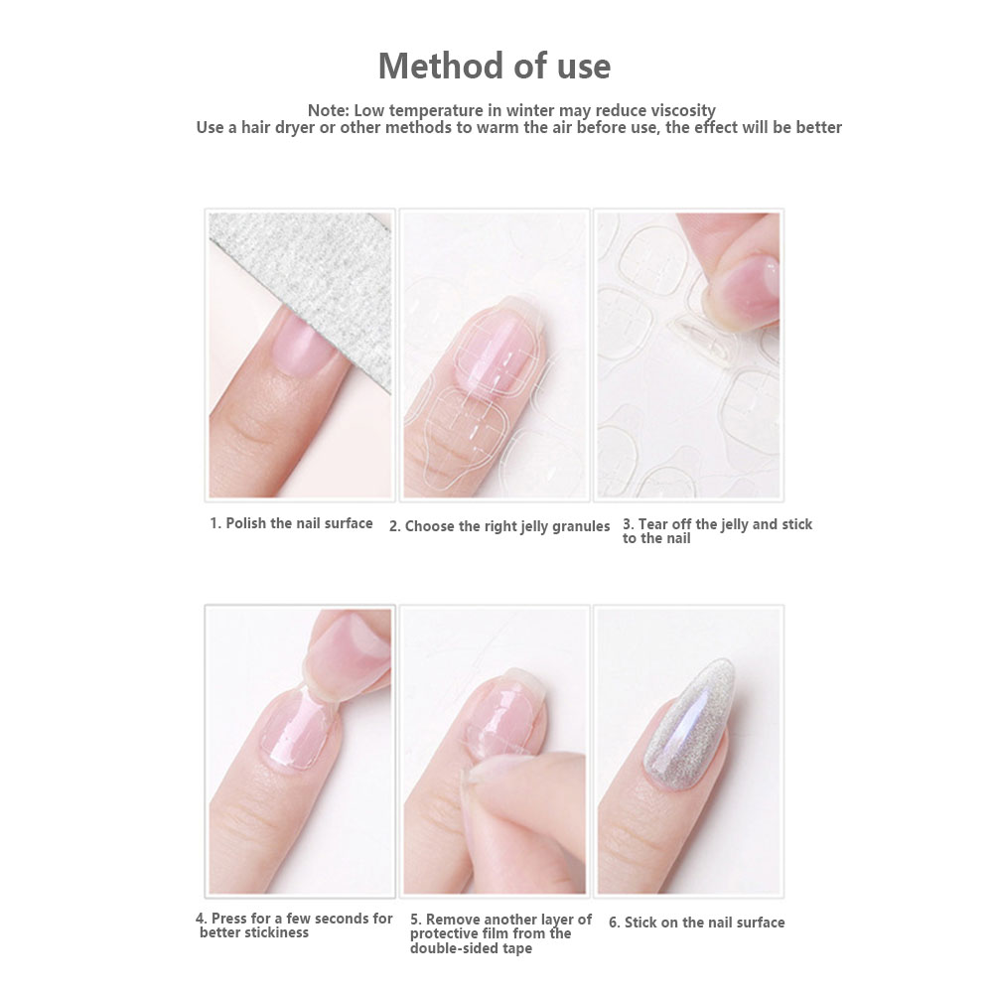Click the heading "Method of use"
click(x=495, y=66)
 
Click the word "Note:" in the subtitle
click(x=328, y=110)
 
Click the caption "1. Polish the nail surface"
click(x=291, y=523)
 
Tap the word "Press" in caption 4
click(x=229, y=919)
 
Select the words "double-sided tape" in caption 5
click(x=471, y=948)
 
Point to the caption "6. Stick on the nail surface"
click(x=697, y=923)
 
